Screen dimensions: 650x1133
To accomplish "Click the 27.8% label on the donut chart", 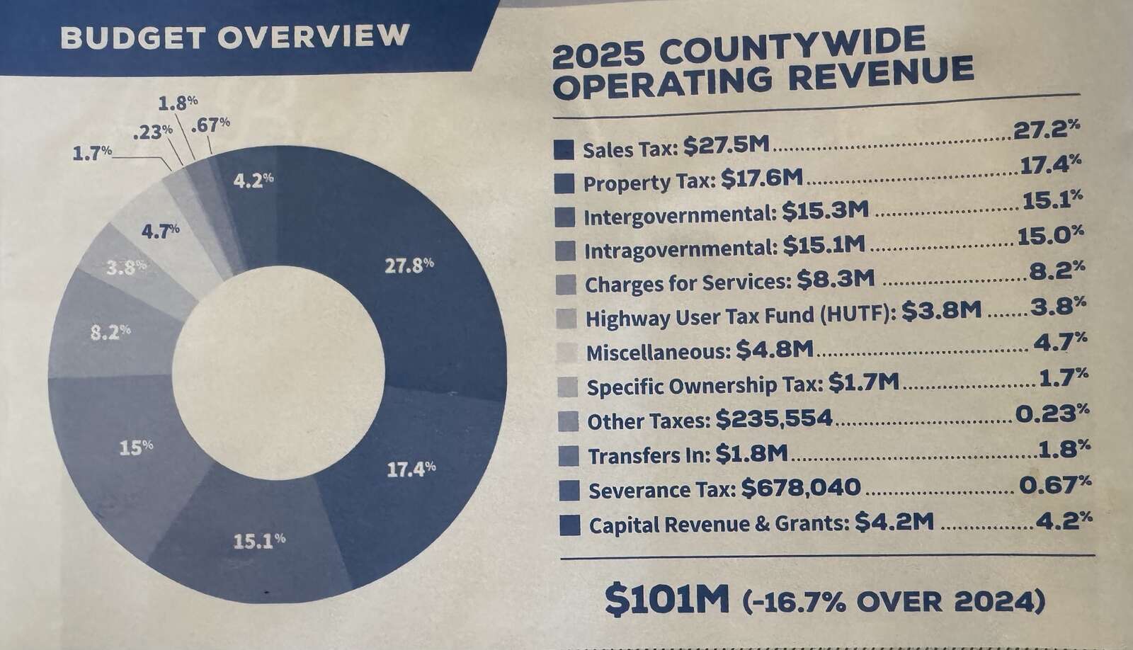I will [409, 266].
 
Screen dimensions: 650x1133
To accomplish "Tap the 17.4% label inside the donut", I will [411, 469].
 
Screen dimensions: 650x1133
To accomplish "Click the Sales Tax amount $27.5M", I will [725, 147].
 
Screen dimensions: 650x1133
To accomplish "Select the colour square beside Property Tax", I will [564, 183].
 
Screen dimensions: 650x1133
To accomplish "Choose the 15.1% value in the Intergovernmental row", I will [1052, 203].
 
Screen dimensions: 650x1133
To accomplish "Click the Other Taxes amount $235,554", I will [773, 419].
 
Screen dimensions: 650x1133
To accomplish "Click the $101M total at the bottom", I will [666, 600].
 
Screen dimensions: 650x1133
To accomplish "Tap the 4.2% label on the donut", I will [253, 181].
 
